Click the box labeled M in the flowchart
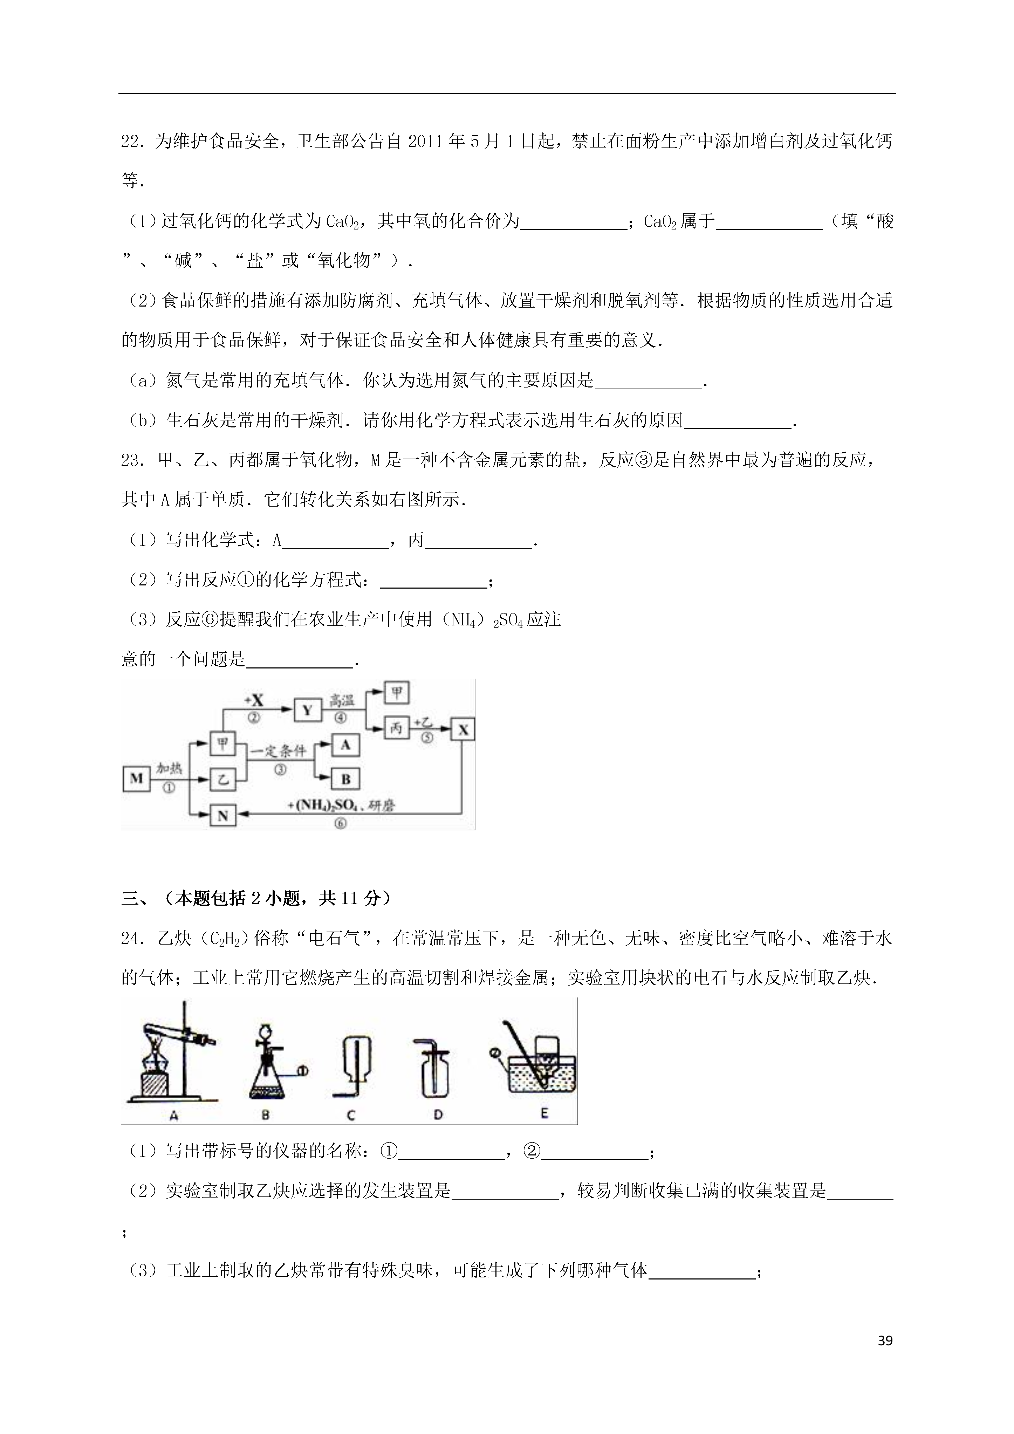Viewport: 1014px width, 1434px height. (x=136, y=778)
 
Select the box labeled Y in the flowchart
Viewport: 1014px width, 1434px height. (x=307, y=710)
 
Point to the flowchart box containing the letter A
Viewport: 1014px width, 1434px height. (x=345, y=745)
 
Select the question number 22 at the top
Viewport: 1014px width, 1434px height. (x=132, y=142)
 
